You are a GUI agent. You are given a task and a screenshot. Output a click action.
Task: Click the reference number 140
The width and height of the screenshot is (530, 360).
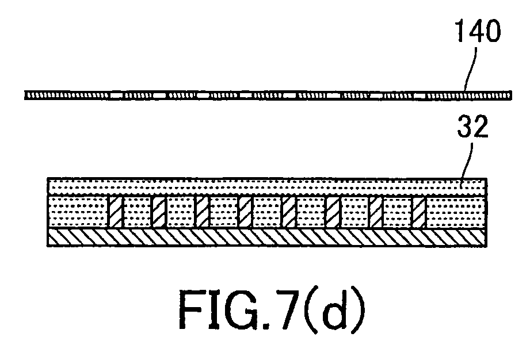coord(478,30)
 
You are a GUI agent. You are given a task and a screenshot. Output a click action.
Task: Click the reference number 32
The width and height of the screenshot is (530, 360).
coord(472,127)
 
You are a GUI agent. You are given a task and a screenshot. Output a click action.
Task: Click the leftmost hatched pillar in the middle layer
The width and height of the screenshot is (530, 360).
coord(115,212)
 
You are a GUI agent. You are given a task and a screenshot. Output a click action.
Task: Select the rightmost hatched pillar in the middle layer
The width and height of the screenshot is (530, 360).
coord(419,212)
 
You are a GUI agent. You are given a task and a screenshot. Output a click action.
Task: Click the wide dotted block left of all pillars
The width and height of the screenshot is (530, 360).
coord(78,212)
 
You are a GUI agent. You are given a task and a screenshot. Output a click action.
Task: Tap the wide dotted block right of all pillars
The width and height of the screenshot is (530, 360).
coord(456,212)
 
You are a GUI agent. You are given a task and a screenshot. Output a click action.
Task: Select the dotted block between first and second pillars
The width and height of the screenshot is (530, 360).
coord(137,212)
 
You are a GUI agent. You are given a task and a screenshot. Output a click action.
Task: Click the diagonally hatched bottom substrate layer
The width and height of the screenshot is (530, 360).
coord(267,238)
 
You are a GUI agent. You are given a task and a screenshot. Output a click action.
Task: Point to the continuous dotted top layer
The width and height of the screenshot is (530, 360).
coord(267,187)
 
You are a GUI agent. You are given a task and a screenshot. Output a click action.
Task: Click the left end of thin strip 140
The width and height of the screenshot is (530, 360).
coord(25,95)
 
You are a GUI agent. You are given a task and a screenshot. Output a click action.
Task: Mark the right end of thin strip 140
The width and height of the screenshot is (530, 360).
coord(511,95)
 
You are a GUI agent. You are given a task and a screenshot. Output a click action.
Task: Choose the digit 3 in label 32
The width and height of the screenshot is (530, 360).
coord(465,127)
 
